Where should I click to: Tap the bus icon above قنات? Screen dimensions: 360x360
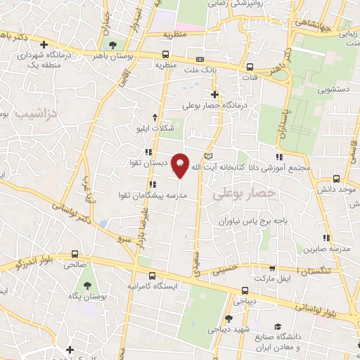tap(250, 67)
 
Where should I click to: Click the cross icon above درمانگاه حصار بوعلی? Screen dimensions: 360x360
tap(214, 94)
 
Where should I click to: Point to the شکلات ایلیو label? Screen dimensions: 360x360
tap(155, 128)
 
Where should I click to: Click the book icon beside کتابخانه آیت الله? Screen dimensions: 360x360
tap(207, 155)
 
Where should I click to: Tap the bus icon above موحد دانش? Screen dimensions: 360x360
tap(336, 179)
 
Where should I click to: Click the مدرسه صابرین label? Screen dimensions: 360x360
tap(326, 249)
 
